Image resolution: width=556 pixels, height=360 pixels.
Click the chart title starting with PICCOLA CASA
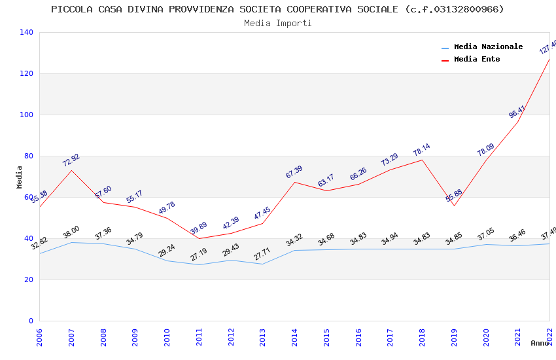(277, 9)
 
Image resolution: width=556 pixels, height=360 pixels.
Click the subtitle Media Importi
(277, 23)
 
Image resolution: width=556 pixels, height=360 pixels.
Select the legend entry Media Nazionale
(488, 46)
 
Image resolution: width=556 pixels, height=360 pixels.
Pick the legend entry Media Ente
(477, 59)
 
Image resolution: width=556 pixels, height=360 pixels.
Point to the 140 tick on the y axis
(27, 32)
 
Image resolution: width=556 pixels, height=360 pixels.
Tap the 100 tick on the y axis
(27, 115)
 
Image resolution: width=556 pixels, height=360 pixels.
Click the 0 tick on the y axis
(31, 321)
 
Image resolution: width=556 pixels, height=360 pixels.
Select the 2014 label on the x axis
(295, 337)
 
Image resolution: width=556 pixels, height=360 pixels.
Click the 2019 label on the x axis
(455, 337)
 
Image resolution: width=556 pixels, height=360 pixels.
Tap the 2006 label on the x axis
(39, 337)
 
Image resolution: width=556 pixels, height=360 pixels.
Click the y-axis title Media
(20, 177)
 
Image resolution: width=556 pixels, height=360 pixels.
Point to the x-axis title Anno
(540, 343)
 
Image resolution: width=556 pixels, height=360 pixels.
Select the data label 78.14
(421, 151)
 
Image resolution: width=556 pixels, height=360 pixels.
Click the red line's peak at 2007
(71, 170)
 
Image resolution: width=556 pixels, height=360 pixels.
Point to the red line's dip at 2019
(454, 206)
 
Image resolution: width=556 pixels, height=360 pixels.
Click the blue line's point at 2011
(199, 264)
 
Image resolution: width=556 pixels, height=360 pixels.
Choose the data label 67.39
(294, 172)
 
